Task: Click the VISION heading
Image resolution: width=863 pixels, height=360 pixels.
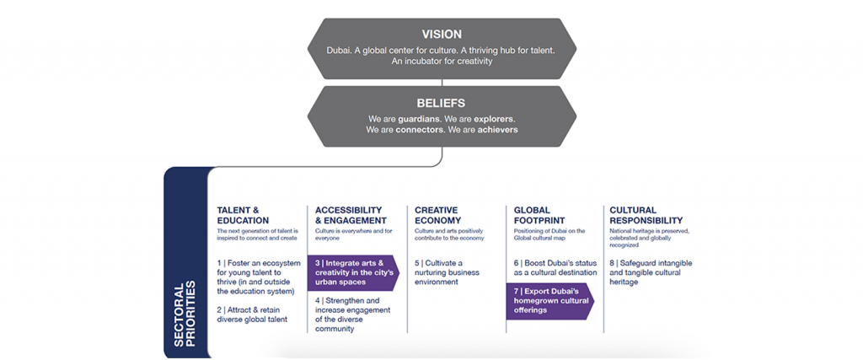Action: click(x=442, y=35)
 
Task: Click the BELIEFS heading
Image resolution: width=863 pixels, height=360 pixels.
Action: click(x=442, y=103)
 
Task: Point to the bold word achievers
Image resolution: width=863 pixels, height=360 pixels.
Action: click(x=496, y=130)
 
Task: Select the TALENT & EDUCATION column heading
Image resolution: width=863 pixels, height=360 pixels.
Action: click(x=244, y=215)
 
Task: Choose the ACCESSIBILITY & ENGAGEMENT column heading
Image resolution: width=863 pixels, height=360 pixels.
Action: click(x=348, y=215)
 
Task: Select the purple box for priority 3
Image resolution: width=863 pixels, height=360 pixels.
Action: click(x=351, y=273)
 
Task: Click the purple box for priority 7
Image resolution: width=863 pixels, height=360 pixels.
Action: click(x=548, y=301)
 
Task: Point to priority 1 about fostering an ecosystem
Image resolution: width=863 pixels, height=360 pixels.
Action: click(x=258, y=277)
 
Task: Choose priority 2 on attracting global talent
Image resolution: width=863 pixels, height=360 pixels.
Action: click(x=252, y=314)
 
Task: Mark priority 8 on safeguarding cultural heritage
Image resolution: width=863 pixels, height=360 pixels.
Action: click(x=650, y=272)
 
